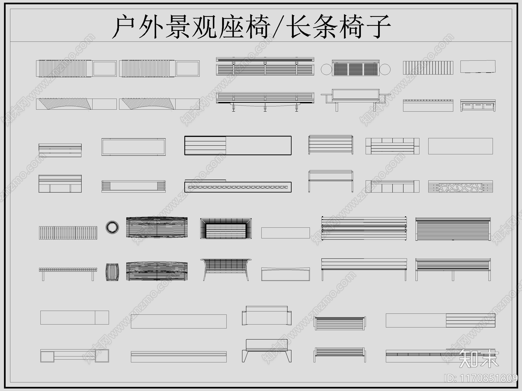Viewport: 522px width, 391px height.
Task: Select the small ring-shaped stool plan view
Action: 112,227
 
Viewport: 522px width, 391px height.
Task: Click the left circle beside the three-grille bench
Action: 326,69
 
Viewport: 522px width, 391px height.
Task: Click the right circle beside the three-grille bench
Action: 385,69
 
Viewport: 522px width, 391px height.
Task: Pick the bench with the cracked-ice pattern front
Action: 460,187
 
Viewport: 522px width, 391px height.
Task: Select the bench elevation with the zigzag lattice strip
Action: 238,187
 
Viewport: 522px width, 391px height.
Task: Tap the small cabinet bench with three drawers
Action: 478,106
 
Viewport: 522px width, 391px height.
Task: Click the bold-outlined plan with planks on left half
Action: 238,145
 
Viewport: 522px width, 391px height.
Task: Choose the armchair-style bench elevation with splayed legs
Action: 267,351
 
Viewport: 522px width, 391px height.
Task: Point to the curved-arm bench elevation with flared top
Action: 226,269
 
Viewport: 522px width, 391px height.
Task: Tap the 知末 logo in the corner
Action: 479,358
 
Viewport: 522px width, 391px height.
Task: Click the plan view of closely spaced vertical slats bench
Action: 68,233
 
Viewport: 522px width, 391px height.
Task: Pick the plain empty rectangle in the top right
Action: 478,67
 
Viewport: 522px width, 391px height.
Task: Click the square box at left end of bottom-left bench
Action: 47,356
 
